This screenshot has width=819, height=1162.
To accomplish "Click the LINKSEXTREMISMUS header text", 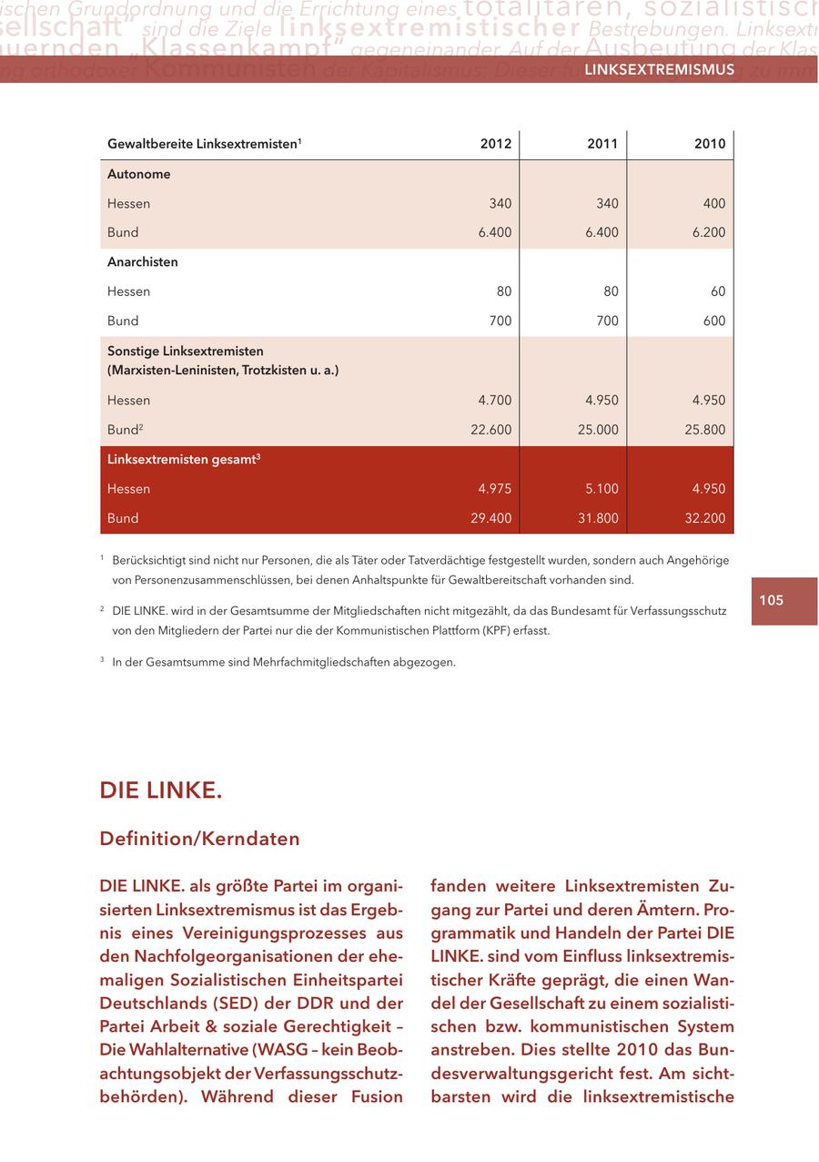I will point(659,70).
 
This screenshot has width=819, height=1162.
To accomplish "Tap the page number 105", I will point(771,600).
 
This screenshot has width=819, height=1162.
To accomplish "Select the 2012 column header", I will point(496,144).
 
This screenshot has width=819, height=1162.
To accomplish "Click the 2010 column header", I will point(710,144).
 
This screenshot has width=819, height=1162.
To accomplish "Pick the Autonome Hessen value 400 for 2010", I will point(713,203).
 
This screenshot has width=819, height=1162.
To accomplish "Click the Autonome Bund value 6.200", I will point(707,232).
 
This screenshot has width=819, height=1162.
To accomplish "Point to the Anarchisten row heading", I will point(143,262).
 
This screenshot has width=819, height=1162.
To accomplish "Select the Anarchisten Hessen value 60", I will point(717,291).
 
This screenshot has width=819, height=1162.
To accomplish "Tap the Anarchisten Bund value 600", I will point(713,321).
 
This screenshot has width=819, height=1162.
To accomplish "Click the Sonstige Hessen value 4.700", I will point(494,400).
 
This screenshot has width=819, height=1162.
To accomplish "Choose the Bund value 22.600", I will point(490,430).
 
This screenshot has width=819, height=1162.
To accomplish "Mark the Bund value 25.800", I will point(704,430).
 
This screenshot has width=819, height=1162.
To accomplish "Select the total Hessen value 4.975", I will point(494,489).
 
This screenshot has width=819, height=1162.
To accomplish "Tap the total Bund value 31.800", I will point(598,518).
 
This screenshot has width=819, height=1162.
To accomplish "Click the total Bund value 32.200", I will point(704,518).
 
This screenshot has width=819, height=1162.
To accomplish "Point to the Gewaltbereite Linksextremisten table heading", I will point(204,144).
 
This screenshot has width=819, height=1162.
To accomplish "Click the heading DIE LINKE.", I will point(161,790).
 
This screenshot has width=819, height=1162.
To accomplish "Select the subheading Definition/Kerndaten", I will point(199,838).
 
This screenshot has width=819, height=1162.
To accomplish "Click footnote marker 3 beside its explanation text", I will point(103,661).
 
